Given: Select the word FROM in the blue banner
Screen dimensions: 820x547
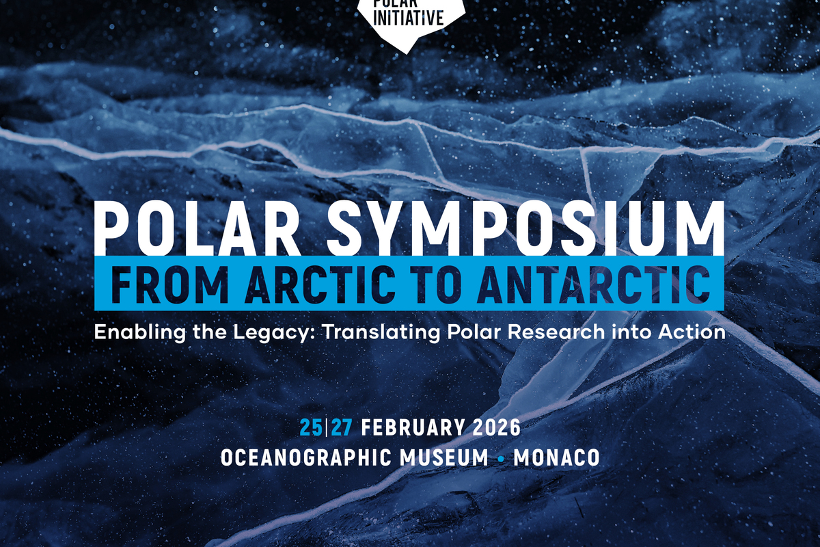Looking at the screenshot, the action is click(x=170, y=284).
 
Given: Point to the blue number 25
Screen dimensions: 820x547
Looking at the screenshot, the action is click(x=311, y=427).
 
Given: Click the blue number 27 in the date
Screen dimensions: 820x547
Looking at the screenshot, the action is click(x=342, y=427).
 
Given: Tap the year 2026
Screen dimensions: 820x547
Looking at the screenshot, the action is click(x=496, y=427).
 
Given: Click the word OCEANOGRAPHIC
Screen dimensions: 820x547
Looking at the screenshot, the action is click(x=305, y=457).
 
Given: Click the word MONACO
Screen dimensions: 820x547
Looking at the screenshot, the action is click(x=557, y=457).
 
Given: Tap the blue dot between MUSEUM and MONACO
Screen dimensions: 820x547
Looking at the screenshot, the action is click(x=502, y=459).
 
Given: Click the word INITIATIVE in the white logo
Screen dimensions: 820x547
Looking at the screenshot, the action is click(x=409, y=18).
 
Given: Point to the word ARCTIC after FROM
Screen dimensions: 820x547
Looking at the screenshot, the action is click(x=320, y=284).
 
